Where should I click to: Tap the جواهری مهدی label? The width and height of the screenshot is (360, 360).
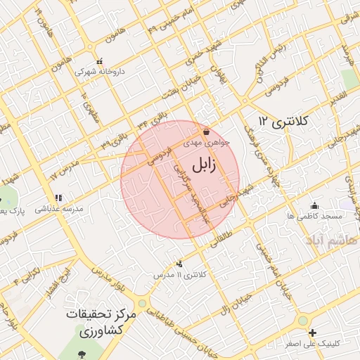tap(202, 142)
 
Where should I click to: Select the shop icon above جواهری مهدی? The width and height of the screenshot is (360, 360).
tap(206, 131)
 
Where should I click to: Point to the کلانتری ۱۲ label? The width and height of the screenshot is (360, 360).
tap(283, 121)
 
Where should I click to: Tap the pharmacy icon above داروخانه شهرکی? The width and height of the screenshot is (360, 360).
tap(98, 60)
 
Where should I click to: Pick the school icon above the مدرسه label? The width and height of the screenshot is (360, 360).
tap(58, 198)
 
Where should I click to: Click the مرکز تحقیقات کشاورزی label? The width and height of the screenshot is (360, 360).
tap(92, 322)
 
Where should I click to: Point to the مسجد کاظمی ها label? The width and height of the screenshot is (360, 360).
tap(314, 216)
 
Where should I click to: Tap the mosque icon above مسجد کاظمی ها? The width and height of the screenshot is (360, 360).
tap(314, 205)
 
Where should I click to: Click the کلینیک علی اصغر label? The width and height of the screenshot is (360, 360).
tap(313, 343)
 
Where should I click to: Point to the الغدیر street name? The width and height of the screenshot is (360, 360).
tap(337, 95)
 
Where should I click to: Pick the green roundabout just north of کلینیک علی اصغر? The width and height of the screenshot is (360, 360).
tap(303, 321)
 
